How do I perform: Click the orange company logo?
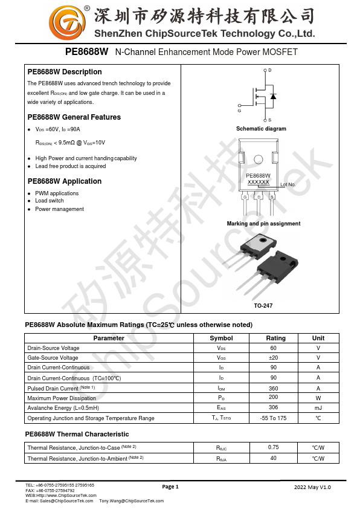point(63,23)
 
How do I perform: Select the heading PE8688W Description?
point(65,72)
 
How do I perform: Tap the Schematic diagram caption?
point(261,129)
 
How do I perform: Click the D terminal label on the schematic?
point(269,71)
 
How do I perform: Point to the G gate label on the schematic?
point(239,111)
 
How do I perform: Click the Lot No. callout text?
point(288,184)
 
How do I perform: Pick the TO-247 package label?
point(263,306)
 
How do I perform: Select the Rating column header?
point(276,339)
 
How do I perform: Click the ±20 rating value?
point(274,358)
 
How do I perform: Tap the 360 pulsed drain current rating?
point(274,388)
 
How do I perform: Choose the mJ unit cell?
point(318,408)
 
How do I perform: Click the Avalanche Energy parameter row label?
point(63,408)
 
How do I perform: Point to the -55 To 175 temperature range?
point(273,418)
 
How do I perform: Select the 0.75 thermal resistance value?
point(274,447)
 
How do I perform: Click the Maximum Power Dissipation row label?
point(62,398)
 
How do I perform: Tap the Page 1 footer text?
point(171,487)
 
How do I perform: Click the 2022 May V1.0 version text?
point(312,487)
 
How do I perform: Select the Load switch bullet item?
point(50,201)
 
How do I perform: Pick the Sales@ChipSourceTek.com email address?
point(66,501)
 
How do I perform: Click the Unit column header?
point(318,339)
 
